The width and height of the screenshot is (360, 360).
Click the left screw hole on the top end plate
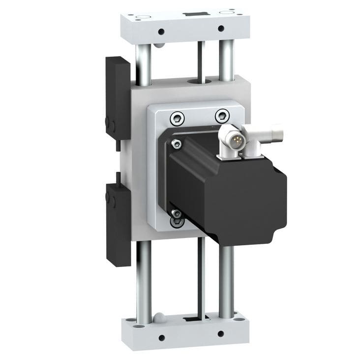click(x=161, y=32)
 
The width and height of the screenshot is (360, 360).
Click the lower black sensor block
click(x=118, y=223)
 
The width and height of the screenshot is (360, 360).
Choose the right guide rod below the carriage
click(x=226, y=280)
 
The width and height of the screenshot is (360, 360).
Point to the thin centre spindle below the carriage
click(x=201, y=275)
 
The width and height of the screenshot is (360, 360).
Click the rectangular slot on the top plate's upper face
click(x=191, y=14)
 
